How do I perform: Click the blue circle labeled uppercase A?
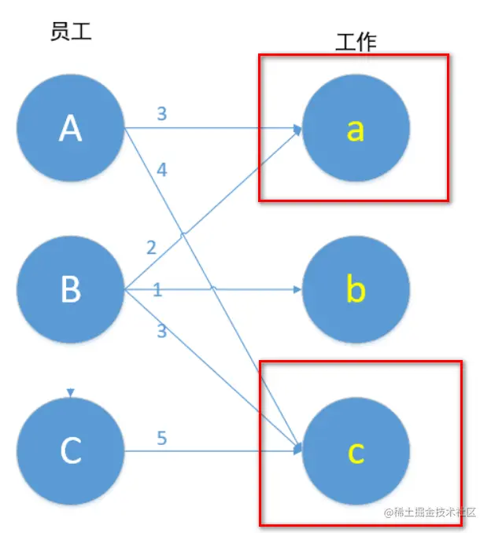coord(70,128)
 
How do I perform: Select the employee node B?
coord(70,290)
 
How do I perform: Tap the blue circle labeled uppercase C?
coord(70,450)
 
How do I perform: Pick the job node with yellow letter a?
coord(356,128)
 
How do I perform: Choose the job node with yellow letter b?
coord(356,290)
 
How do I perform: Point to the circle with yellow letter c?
coord(356,450)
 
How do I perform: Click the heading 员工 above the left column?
coord(71,32)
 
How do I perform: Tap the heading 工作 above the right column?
coord(356,42)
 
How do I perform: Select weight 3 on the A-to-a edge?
coord(161,114)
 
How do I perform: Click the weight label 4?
coord(161,169)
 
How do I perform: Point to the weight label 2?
coord(151,248)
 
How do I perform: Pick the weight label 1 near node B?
coord(157,291)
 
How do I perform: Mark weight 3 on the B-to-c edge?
coord(161,331)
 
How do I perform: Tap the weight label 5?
coord(161,438)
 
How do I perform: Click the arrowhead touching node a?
coord(298,129)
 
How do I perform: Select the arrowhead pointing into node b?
coord(297,290)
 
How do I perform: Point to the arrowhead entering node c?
coord(298,450)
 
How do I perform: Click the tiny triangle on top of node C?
coord(70,392)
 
